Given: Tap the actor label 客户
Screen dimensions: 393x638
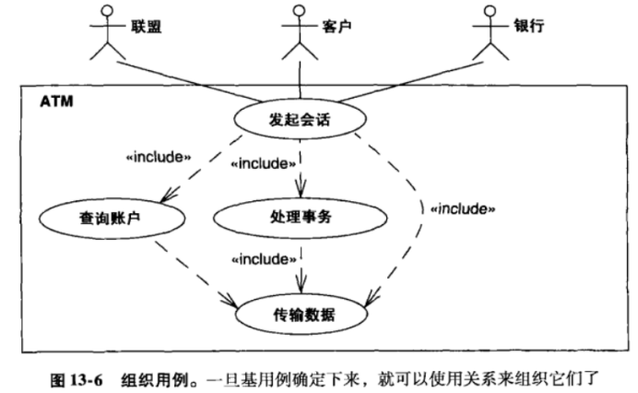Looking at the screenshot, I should click(336, 26).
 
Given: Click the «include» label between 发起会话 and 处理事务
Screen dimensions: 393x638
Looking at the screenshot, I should click(264, 164).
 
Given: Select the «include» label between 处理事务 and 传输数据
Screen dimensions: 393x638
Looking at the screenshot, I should click(264, 259).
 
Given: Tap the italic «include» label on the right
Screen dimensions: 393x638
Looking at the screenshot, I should click(463, 208).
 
